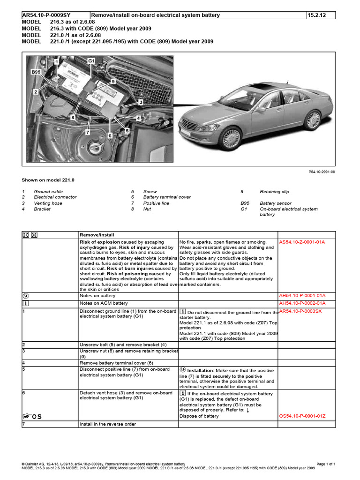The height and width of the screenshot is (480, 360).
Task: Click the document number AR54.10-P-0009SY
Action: point(46,15)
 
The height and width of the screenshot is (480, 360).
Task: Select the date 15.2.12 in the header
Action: point(317,15)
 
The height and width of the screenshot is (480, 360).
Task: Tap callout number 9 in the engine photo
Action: point(112,82)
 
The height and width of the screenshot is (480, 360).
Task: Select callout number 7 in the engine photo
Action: point(88,133)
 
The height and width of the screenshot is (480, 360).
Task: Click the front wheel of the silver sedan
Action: point(231,139)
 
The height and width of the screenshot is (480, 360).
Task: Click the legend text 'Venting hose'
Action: point(48,203)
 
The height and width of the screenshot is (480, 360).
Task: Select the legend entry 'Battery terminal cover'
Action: point(167,197)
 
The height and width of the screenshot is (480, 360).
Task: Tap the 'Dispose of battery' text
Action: point(199,416)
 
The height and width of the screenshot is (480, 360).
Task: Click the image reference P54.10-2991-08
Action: point(322,172)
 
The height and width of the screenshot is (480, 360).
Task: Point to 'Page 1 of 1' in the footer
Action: point(326,464)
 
